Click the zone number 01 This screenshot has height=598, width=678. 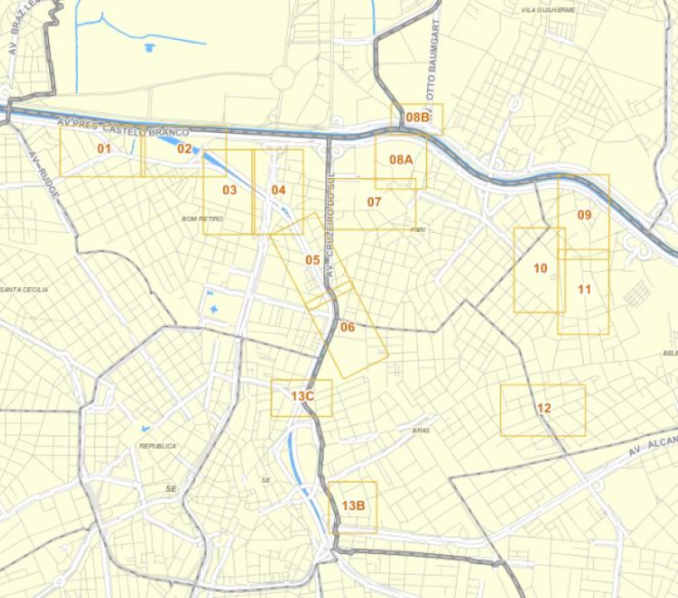point(104,149)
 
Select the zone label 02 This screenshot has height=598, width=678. point(185,149)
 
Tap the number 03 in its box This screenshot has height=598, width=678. point(230,190)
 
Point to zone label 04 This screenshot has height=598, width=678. point(279,190)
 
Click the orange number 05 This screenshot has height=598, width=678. point(313,259)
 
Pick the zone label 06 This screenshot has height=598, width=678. point(347,327)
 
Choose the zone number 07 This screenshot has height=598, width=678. point(375,202)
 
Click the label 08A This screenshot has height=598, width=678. point(401,159)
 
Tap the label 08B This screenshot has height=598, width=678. point(418,118)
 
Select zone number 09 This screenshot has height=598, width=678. point(584,214)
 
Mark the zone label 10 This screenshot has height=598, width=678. point(540,269)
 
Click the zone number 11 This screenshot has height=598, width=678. point(584,289)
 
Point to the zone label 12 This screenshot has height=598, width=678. point(544,408)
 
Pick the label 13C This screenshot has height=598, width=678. point(303,396)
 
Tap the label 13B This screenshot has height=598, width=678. point(353,506)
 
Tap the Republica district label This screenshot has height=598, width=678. point(158,446)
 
